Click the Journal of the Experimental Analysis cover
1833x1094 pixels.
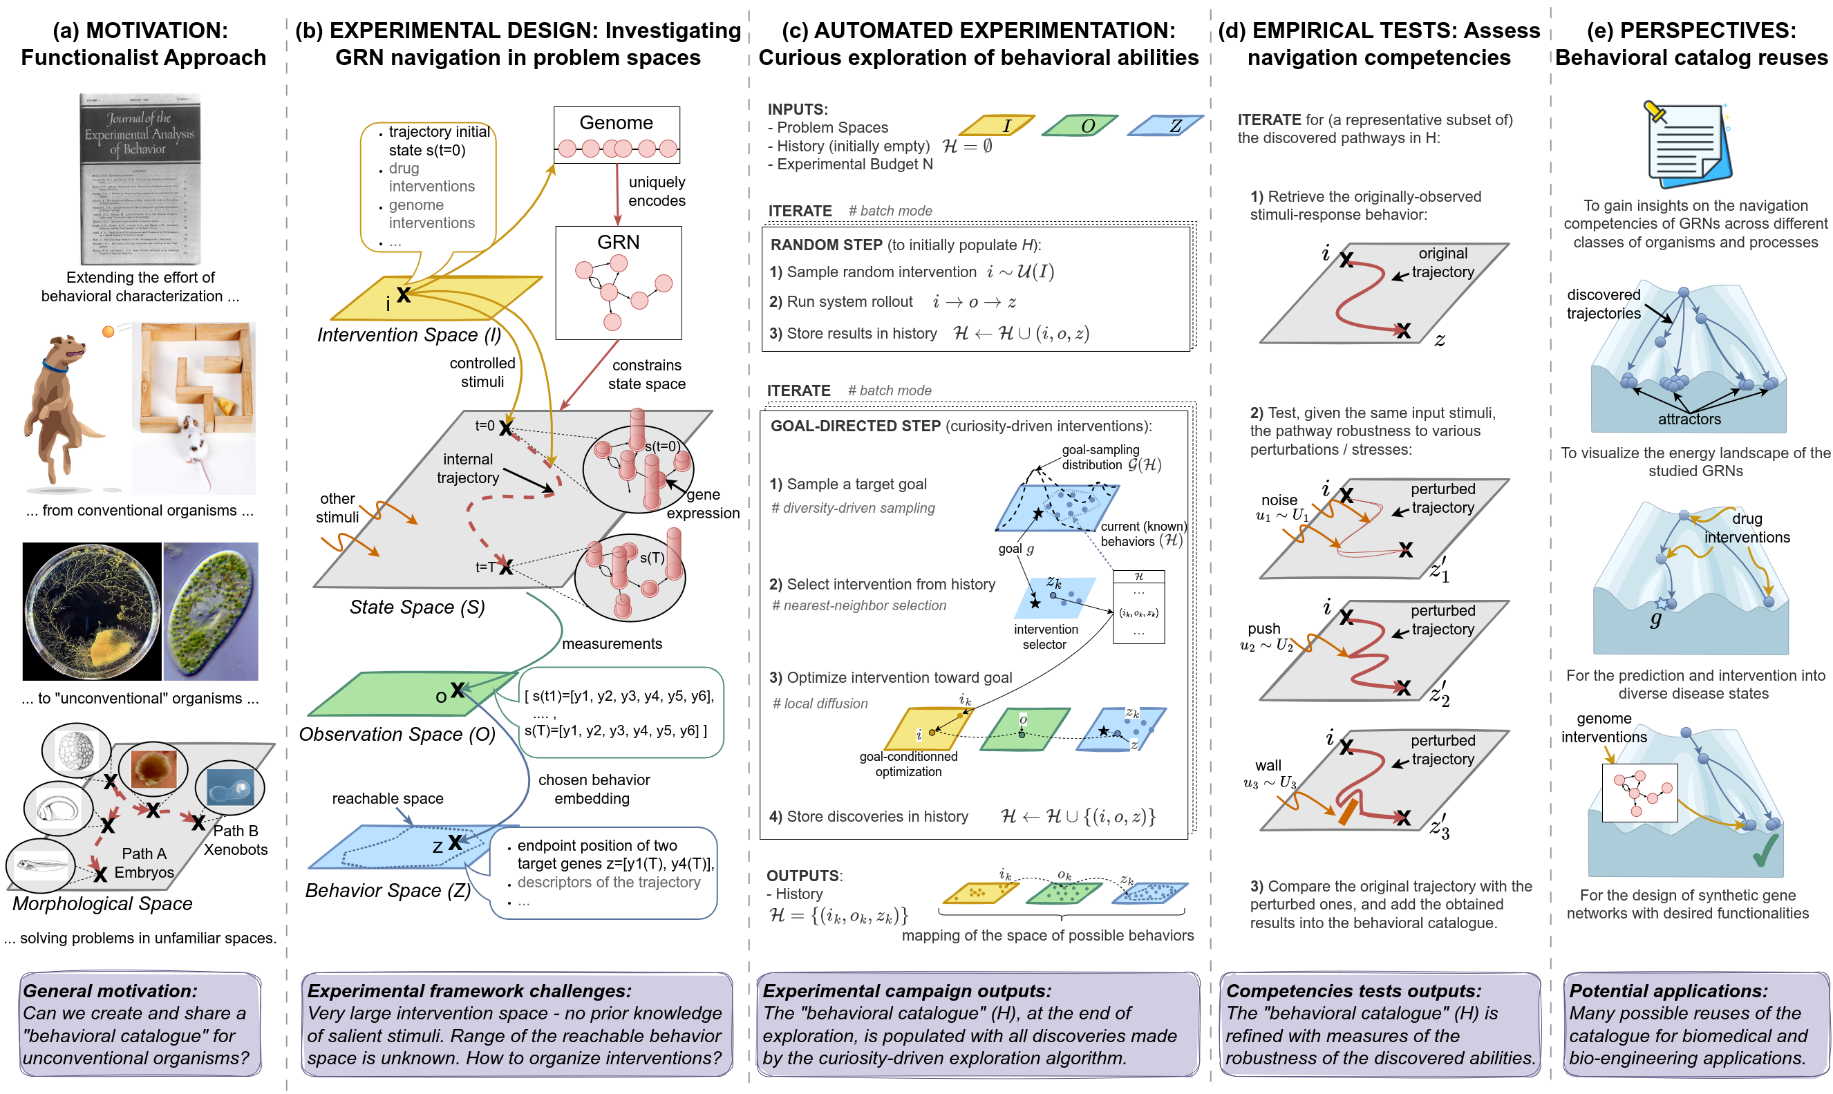140,179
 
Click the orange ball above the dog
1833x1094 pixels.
109,332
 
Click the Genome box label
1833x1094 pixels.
616,122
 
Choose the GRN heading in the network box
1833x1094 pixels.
618,242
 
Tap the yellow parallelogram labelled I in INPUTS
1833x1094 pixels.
997,126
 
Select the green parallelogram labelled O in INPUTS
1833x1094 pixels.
1080,126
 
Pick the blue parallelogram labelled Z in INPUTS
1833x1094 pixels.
1167,126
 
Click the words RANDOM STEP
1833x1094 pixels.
826,245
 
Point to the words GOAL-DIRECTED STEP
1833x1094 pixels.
855,426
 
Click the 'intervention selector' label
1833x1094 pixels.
1045,637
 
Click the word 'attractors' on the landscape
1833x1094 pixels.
1689,419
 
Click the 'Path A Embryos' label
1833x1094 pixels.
144,863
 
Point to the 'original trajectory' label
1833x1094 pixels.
1442,263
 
